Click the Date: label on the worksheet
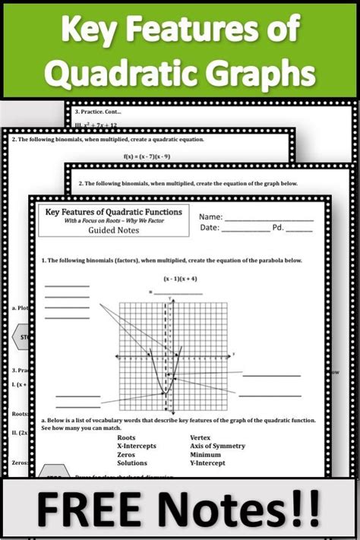(210, 227)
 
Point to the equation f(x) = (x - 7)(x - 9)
(179, 158)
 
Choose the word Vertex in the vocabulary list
(201, 437)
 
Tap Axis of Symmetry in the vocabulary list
(218, 447)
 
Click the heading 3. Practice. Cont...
(102, 110)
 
